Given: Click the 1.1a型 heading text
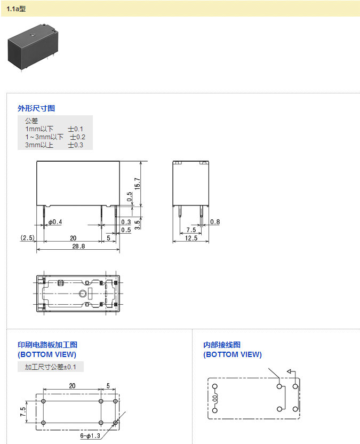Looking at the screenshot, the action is click(16, 9).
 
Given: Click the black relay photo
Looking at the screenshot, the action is click(33, 47).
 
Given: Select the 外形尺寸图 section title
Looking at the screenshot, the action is click(36, 108).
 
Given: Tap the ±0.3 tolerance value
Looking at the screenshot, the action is click(75, 145).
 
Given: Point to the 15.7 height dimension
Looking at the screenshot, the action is click(137, 184).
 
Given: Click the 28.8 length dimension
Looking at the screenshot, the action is click(78, 246).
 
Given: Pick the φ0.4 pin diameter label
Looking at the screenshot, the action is click(55, 222).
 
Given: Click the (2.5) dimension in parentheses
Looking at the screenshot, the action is click(27, 237).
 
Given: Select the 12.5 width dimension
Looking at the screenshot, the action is click(191, 238).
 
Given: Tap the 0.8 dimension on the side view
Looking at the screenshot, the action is click(215, 221).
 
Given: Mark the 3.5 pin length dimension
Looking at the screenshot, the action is click(137, 225).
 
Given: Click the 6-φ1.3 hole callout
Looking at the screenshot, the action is click(90, 435).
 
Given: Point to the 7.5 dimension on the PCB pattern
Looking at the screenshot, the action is click(23, 412).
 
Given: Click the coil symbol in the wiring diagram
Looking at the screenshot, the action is click(215, 399).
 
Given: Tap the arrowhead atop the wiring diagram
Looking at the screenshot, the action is click(289, 371).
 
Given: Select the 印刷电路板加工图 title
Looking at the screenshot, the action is click(47, 345).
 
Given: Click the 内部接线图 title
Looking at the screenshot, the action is click(222, 345).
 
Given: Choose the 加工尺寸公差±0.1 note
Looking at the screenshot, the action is click(50, 367).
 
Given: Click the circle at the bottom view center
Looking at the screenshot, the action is click(82, 294).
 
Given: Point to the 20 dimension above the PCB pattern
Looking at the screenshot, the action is click(72, 386).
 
